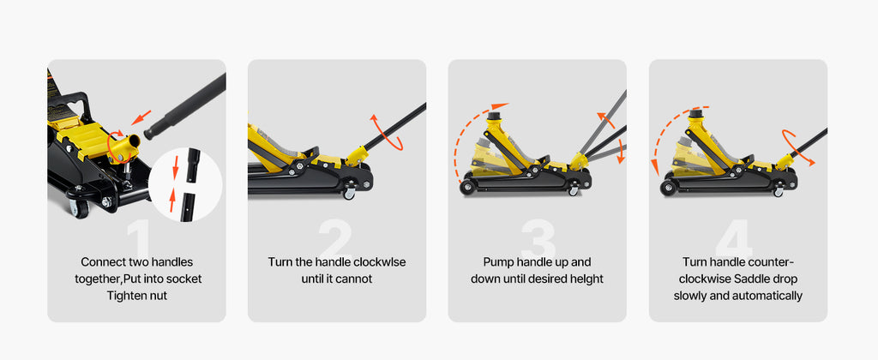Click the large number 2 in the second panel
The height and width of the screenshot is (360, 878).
point(336,238)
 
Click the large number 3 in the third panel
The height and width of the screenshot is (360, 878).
point(538,238)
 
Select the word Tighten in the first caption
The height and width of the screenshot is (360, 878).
point(126,296)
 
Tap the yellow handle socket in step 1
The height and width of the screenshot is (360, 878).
point(123,142)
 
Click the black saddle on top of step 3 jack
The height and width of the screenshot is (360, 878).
point(494,113)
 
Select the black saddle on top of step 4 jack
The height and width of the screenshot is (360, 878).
point(697,113)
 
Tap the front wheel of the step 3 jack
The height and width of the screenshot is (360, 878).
point(468,187)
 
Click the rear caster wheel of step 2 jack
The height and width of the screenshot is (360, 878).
point(350,194)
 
